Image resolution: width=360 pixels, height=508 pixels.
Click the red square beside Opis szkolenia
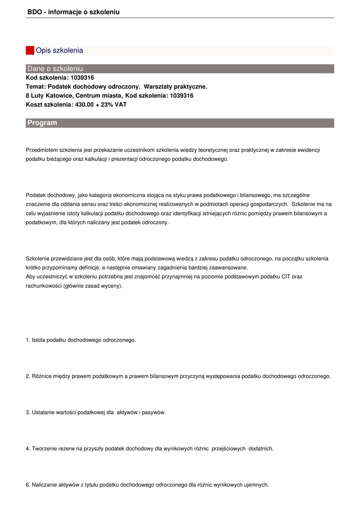coord(30,51)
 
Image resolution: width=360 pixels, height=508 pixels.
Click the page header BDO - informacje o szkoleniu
coord(73,12)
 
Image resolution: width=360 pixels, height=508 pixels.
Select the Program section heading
coord(42,123)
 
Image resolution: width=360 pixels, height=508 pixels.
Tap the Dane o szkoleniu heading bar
coord(55,68)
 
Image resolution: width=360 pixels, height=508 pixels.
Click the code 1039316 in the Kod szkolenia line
coord(82,78)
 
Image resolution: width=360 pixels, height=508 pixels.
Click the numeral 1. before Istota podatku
coord(28,340)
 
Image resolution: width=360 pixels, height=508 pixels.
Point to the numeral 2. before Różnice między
coord(28,377)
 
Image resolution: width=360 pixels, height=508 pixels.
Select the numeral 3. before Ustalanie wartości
coord(28,413)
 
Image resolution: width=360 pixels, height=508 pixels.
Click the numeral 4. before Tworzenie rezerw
coord(28,449)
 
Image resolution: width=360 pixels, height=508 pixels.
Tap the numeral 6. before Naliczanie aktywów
coord(28,485)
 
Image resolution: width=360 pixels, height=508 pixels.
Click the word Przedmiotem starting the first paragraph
coord(42,150)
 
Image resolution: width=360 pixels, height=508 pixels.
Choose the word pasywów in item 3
coord(153,413)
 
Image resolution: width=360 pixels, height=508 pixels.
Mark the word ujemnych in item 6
coord(257,485)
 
